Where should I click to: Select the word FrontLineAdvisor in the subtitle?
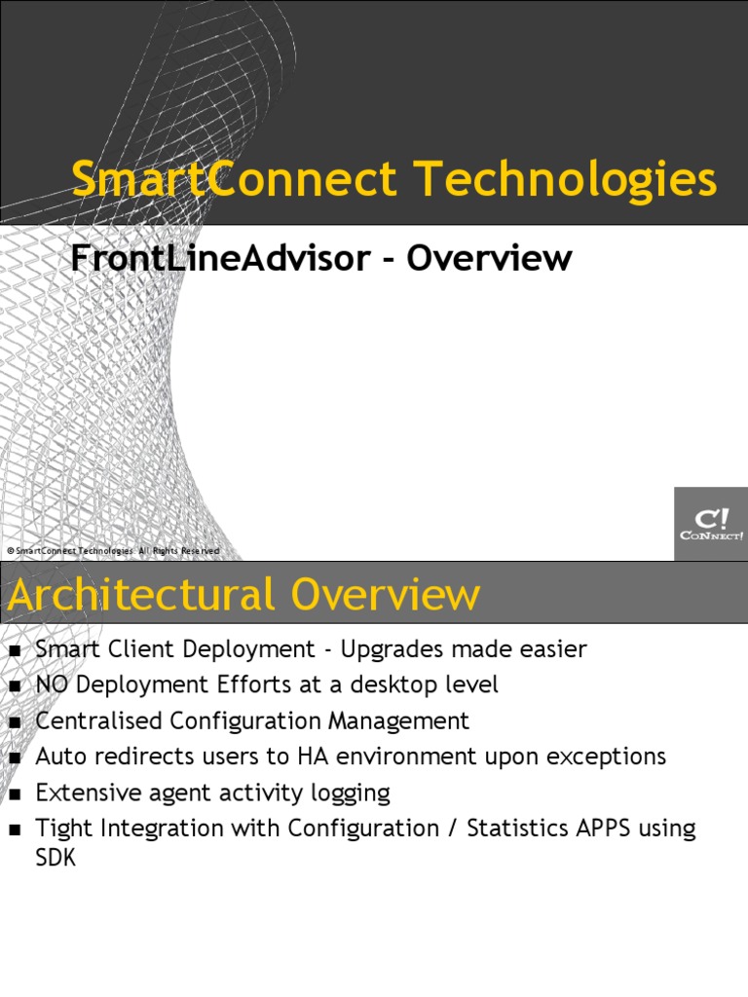tap(220, 259)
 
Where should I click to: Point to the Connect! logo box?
tap(710, 524)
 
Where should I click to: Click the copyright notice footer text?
tap(113, 551)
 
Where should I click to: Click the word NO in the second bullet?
tap(53, 685)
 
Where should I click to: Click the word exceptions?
tap(605, 757)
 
